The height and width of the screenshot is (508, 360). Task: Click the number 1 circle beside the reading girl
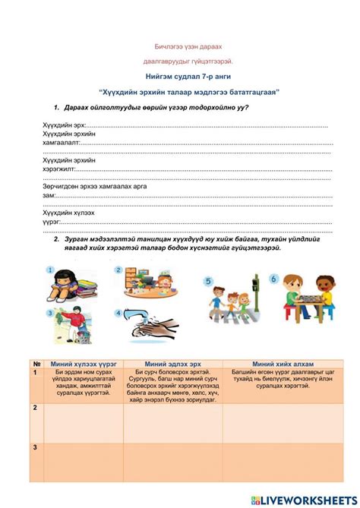pyautogui.click(x=51, y=270)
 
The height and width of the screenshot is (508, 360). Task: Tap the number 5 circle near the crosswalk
pyautogui.click(x=208, y=280)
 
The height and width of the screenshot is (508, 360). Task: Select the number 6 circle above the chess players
pyautogui.click(x=273, y=279)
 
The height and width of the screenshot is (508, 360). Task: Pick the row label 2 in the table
pyautogui.click(x=35, y=408)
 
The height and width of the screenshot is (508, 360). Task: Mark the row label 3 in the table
pyautogui.click(x=35, y=448)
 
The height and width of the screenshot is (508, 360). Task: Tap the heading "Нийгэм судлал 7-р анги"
pyautogui.click(x=179, y=77)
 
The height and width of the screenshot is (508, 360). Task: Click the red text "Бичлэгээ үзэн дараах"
pyautogui.click(x=179, y=46)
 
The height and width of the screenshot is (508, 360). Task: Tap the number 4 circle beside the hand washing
pyautogui.click(x=118, y=312)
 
